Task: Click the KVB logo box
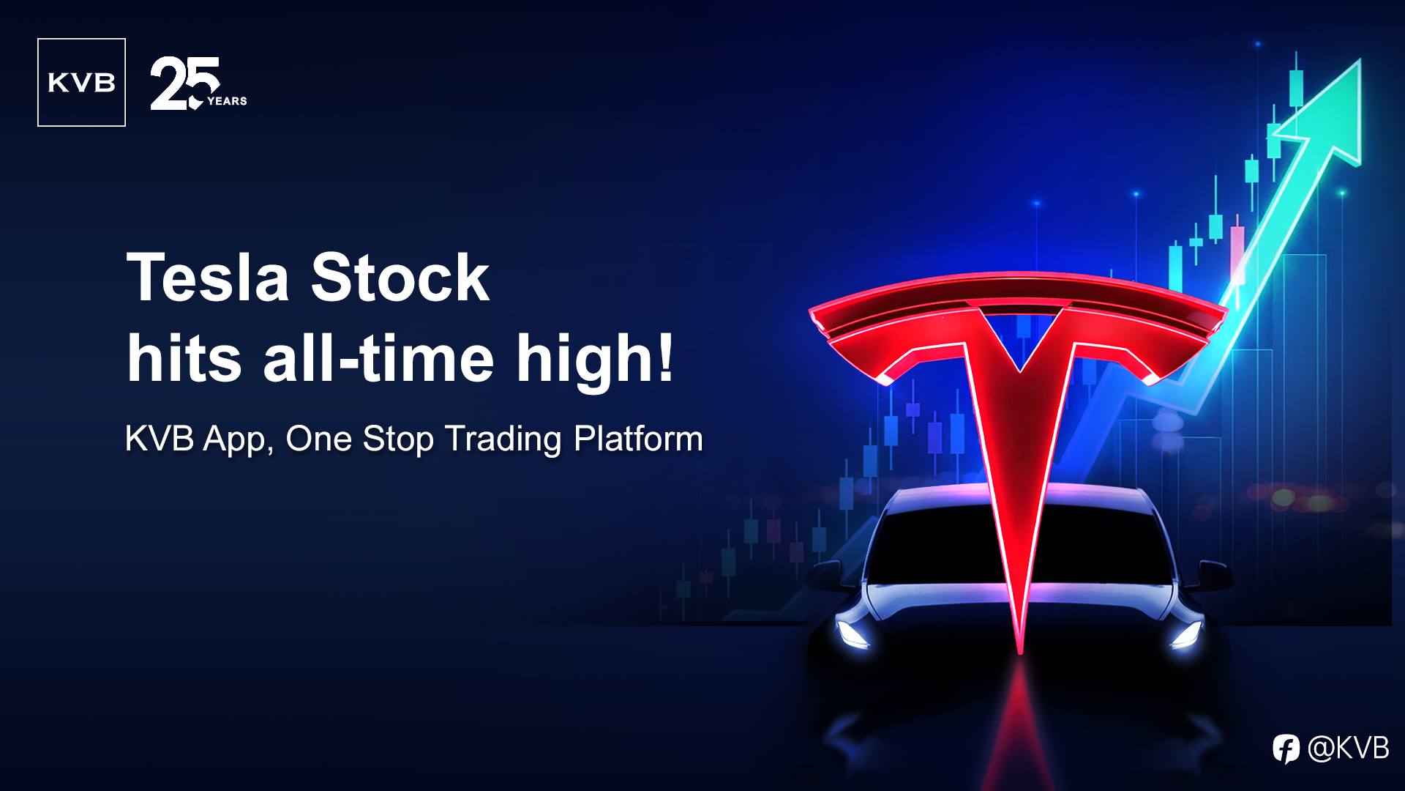[81, 82]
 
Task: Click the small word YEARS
[227, 101]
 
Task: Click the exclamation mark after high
[665, 357]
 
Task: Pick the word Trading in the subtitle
[503, 440]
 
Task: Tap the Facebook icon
[1286, 749]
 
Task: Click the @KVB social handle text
[1348, 748]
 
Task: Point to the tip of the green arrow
[1360, 60]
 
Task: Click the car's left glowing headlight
[853, 634]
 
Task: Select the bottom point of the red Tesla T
[1020, 652]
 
